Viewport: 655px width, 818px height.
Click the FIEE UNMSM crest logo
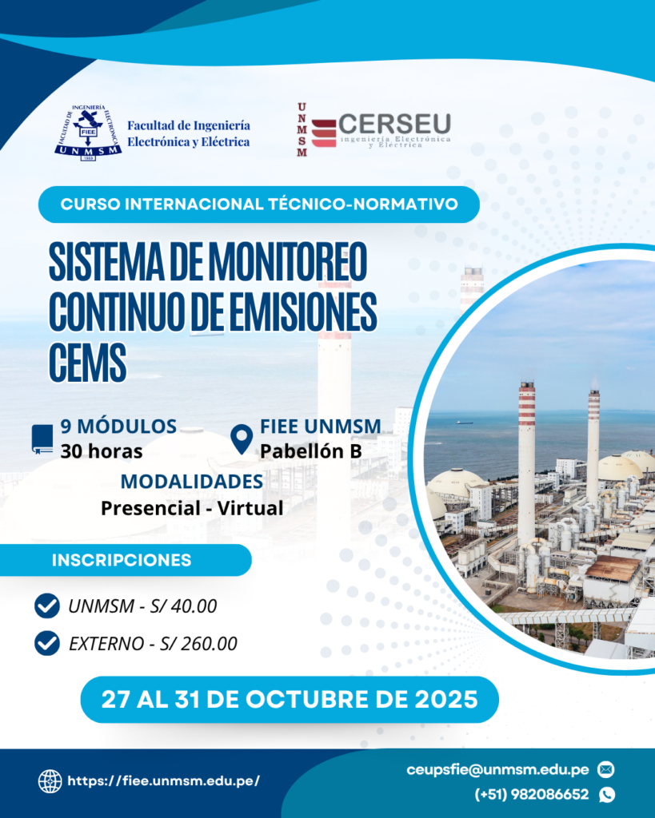click(88, 133)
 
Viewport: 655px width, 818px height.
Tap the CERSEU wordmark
click(394, 124)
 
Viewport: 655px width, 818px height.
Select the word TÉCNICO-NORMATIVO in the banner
click(363, 204)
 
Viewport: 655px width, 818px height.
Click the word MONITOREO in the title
click(288, 261)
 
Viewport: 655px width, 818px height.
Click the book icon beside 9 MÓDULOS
click(42, 439)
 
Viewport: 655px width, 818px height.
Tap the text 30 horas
click(102, 451)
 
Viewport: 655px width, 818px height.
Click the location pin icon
click(242, 439)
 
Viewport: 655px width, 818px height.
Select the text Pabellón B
click(311, 451)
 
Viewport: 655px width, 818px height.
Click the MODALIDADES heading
click(192, 481)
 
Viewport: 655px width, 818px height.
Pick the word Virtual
click(250, 508)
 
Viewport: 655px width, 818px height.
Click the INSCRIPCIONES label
click(122, 560)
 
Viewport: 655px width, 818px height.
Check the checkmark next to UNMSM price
click(47, 606)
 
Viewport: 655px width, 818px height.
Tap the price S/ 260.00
click(198, 644)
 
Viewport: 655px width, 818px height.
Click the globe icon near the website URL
click(50, 781)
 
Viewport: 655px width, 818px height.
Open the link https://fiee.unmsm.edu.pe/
click(163, 781)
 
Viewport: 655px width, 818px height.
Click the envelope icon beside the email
click(606, 769)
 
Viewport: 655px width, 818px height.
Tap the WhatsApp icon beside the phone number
click(606, 795)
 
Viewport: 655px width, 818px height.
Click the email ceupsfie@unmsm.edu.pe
click(497, 770)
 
